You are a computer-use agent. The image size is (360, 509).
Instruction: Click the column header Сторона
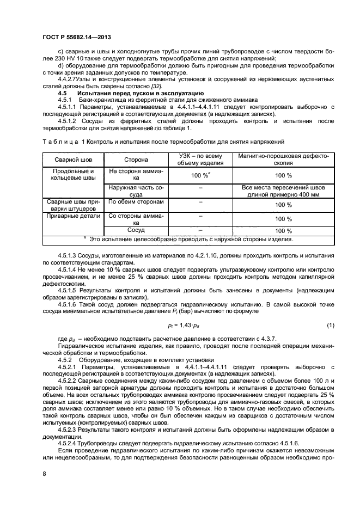[129, 160]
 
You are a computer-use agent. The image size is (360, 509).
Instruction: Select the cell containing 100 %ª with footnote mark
[200, 175]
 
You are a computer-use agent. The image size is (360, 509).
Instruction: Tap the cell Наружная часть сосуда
[129, 190]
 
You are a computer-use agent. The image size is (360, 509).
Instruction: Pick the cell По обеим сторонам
[129, 202]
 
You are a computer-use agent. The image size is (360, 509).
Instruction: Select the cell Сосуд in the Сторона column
[129, 230]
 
